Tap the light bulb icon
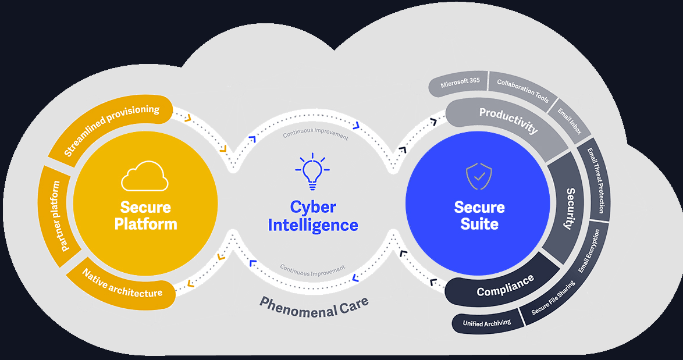312,172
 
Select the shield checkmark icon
479,176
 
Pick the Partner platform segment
56,215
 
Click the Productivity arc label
508,120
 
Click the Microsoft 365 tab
460,83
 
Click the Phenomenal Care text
314,306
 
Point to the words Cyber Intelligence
313,216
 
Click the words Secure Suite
479,215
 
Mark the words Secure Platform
145,215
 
